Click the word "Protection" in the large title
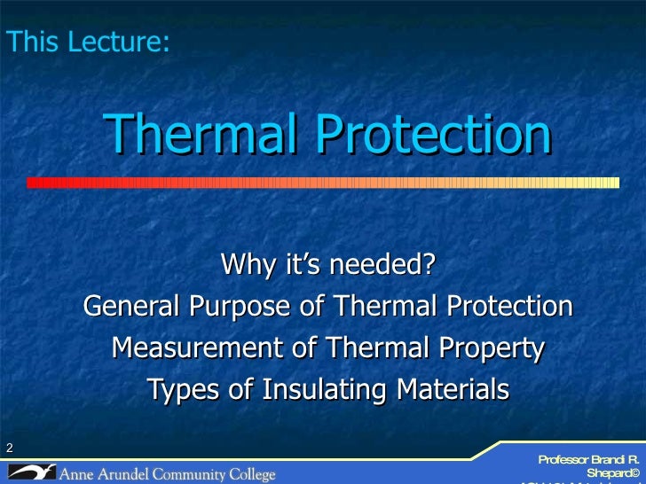point(434,135)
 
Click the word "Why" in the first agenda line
point(246,264)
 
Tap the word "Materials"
point(453,390)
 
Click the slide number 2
point(9,448)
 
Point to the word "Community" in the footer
point(195,474)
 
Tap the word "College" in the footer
point(254,474)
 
